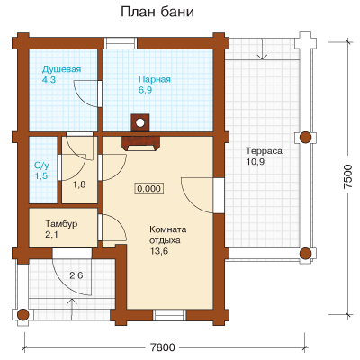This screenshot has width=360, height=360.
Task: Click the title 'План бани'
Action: tap(157, 13)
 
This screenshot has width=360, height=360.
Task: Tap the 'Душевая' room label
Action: tap(61, 69)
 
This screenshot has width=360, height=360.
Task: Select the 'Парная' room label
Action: tap(155, 79)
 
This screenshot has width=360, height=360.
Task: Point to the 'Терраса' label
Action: tap(264, 150)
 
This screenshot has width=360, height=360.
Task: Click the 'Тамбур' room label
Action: tap(61, 223)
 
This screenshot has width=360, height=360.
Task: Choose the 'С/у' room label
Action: tap(41, 166)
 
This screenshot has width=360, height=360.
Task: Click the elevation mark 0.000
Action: tap(149, 189)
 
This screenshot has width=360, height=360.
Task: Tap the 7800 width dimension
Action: tap(162, 347)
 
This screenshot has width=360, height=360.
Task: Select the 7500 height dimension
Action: tap(347, 176)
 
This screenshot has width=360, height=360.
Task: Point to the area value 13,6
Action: tap(159, 251)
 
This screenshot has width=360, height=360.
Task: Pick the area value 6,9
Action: tap(146, 90)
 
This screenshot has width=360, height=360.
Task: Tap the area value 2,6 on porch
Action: tap(76, 275)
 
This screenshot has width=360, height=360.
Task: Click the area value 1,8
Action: tap(79, 184)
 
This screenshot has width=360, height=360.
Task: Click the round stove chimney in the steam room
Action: tap(139, 122)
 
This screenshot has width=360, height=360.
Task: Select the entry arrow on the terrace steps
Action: tap(263, 49)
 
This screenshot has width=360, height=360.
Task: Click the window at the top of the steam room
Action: tap(121, 43)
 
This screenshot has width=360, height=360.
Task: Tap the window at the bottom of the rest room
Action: tap(169, 315)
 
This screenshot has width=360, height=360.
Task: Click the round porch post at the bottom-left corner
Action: tap(22, 315)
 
